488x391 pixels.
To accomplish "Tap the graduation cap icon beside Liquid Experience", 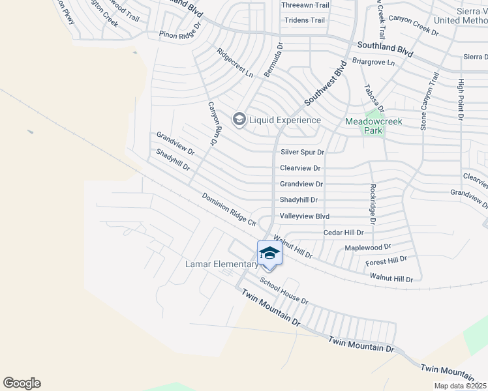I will (239, 119).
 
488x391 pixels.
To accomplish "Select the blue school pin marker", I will (269, 253).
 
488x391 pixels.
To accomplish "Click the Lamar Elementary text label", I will (222, 264).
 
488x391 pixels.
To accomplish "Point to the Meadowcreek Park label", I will (374, 126).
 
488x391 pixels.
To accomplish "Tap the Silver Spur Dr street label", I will (302, 152).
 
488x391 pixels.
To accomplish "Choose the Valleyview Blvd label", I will (304, 216).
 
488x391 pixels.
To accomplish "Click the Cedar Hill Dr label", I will (343, 233).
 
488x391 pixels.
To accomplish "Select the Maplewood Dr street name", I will (367, 248).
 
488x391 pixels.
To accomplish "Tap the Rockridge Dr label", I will (373, 203).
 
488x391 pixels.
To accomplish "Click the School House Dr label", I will (284, 291).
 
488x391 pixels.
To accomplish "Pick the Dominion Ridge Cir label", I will (229, 209).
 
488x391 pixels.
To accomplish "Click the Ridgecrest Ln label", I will (235, 63).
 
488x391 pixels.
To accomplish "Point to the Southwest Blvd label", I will (324, 83).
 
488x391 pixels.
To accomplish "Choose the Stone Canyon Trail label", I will (429, 100).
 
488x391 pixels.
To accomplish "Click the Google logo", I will (22, 383).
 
